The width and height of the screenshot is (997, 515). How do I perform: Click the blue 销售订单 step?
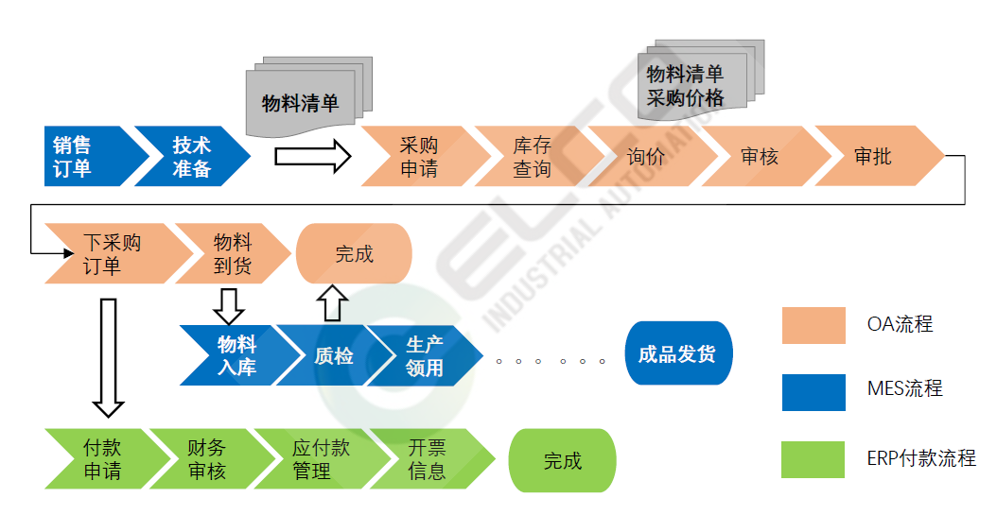pos(80,156)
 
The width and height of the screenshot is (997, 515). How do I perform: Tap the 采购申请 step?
pos(417,156)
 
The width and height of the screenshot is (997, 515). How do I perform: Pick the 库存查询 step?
pos(532,156)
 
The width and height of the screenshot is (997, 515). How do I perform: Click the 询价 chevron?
pos(646,156)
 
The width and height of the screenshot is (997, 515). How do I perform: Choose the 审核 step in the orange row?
pos(760,156)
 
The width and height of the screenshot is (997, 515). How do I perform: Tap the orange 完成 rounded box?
pos(354,253)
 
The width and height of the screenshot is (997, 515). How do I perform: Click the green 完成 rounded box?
pos(562,460)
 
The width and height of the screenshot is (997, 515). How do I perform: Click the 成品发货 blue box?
pos(677,354)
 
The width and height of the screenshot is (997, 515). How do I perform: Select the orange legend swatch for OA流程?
pos(813,325)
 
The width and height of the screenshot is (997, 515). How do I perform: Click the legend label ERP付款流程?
pos(920,459)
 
